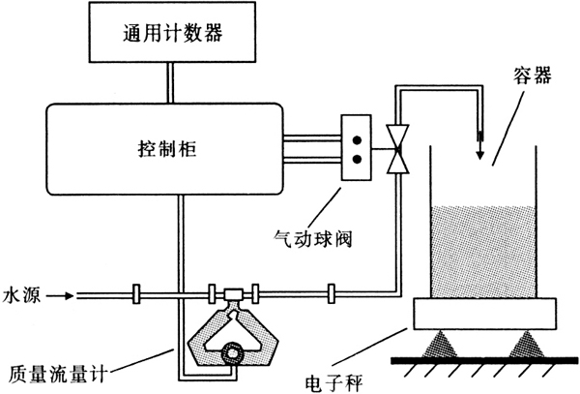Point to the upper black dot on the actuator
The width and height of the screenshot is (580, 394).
pos(358,136)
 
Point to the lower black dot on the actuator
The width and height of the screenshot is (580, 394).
pos(358,158)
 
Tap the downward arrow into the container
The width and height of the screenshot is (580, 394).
pos(478,145)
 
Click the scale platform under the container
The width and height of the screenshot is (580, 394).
pos(482,314)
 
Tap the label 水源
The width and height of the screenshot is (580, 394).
pos(20,290)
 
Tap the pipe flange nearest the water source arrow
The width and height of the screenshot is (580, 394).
pos(134,291)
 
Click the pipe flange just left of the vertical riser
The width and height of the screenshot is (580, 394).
pos(332,291)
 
